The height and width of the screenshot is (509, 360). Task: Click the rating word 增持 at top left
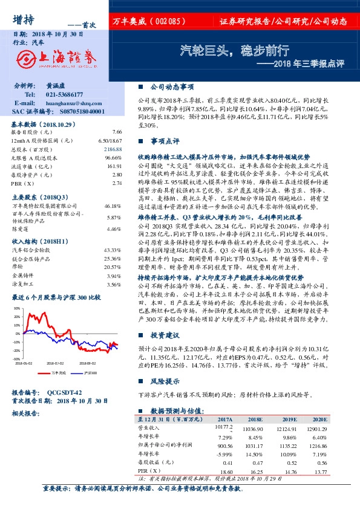point(24,19)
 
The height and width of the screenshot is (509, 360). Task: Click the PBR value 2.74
point(117,183)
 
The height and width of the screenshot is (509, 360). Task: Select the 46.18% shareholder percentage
point(113,206)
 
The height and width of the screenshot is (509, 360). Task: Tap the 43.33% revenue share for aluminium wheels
point(113,250)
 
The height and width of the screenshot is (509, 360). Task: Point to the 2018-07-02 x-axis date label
point(54,364)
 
